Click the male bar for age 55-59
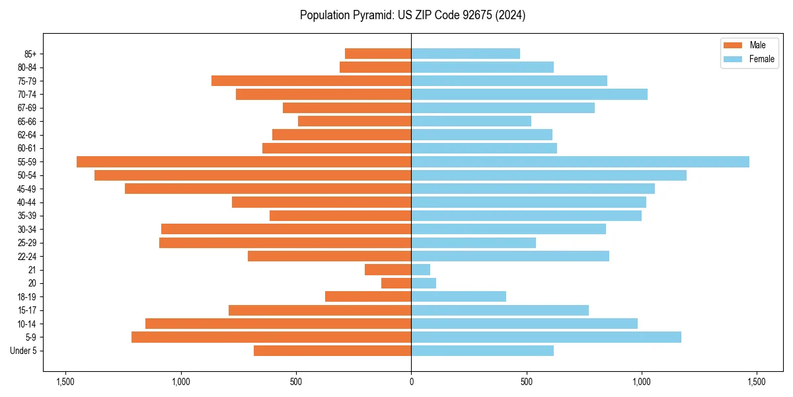(244, 161)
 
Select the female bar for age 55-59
(580, 161)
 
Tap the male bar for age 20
(397, 283)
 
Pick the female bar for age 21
(420, 269)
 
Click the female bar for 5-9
(546, 337)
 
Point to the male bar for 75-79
(311, 81)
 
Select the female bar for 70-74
(529, 94)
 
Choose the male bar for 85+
(378, 54)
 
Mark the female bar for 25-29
(473, 242)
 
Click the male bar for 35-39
(340, 216)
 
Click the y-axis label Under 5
(23, 351)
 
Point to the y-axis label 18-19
(27, 296)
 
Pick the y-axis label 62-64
(27, 135)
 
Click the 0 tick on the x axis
(411, 382)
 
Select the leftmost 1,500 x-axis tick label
(65, 382)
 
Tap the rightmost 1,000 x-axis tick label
(641, 382)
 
